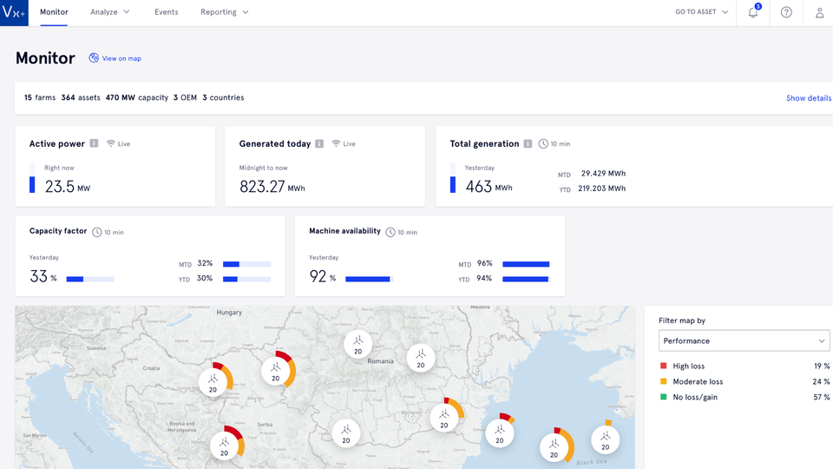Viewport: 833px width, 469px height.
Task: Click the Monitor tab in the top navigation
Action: coord(54,12)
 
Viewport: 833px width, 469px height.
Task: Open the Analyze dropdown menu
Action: coord(110,12)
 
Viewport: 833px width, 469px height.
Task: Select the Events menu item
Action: coord(166,12)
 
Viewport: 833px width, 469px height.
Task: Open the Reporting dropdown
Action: coord(224,12)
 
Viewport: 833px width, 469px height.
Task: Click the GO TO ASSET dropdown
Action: coord(701,12)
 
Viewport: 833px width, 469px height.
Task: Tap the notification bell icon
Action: coord(753,13)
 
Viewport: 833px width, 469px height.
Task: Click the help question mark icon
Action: coord(786,13)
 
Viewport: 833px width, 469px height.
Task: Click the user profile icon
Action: coord(819,13)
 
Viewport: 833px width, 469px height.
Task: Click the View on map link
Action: coord(115,58)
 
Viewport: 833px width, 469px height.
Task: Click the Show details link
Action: coord(808,98)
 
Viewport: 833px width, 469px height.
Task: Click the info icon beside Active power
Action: coord(94,143)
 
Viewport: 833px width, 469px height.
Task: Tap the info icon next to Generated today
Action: coord(319,143)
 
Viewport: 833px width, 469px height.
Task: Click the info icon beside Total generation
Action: coord(528,143)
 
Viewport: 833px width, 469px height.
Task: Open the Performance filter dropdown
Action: coord(744,340)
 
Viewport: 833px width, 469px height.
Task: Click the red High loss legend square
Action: coord(664,367)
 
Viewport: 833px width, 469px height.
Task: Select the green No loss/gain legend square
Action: coord(664,397)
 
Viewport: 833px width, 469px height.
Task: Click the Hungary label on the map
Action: coord(229,312)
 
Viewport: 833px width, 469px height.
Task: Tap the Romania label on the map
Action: coord(380,360)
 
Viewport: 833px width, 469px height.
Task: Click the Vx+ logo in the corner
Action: coord(15,13)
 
